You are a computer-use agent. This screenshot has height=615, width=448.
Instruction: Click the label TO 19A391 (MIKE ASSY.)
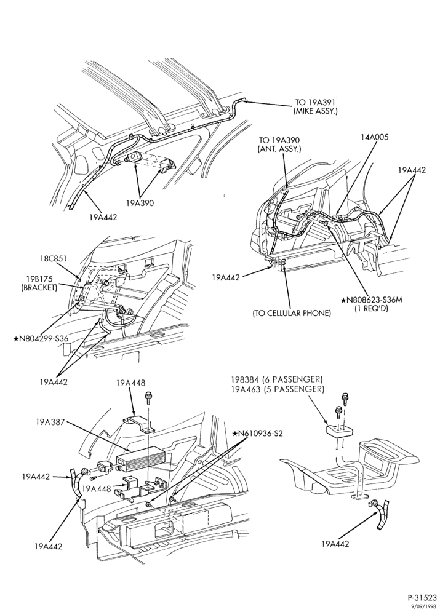click(x=316, y=106)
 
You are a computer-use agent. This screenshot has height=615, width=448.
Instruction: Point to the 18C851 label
click(x=53, y=258)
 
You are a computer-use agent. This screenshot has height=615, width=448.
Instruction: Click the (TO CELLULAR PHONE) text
click(x=292, y=314)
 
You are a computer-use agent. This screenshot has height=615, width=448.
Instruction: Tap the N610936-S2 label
click(x=257, y=434)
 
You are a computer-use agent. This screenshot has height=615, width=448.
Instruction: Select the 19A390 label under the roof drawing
click(x=140, y=203)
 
